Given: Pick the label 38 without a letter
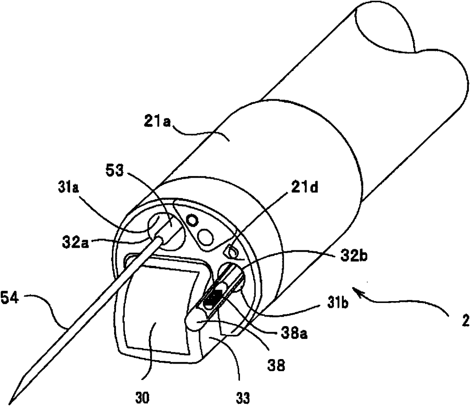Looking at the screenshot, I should pyautogui.click(x=276, y=366).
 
